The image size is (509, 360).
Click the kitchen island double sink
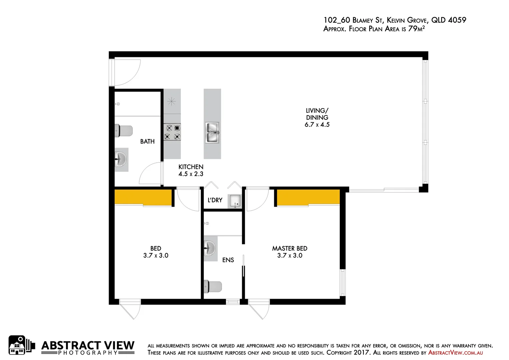click(x=212, y=133)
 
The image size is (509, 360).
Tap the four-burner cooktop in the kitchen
click(x=172, y=132)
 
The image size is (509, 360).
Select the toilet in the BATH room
click(x=124, y=131)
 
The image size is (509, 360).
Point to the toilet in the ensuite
click(x=213, y=287)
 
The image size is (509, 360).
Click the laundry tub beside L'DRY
click(x=235, y=201)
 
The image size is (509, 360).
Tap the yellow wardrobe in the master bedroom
click(x=308, y=197)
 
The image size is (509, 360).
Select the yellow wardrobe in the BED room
click(x=143, y=197)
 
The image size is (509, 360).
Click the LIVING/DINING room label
click(x=317, y=114)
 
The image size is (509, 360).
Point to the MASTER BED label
click(x=289, y=248)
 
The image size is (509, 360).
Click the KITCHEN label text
click(x=191, y=167)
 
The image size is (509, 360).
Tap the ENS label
click(x=228, y=260)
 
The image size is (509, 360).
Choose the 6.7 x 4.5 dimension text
click(x=317, y=125)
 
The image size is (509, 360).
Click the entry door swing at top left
click(x=126, y=72)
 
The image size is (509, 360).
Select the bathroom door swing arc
click(x=150, y=173)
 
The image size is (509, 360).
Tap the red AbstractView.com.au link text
click(x=455, y=353)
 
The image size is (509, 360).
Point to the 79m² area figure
click(x=416, y=29)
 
